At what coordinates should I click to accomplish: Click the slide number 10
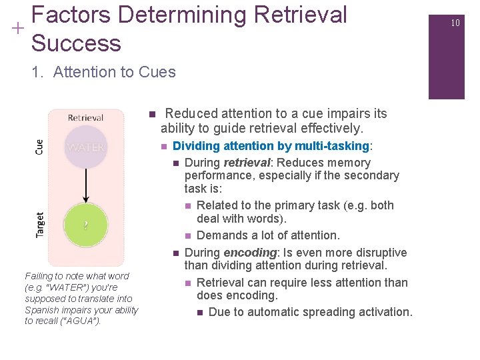[455, 23]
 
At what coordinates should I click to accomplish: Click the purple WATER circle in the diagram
[86, 147]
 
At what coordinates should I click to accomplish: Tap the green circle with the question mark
[85, 225]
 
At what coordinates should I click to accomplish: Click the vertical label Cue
[39, 147]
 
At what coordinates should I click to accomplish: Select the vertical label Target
[40, 225]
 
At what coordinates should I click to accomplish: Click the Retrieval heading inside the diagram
[86, 118]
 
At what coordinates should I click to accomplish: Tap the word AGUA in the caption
[81, 321]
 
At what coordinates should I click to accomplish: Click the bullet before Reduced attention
[152, 114]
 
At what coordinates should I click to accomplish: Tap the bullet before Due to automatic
[201, 313]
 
